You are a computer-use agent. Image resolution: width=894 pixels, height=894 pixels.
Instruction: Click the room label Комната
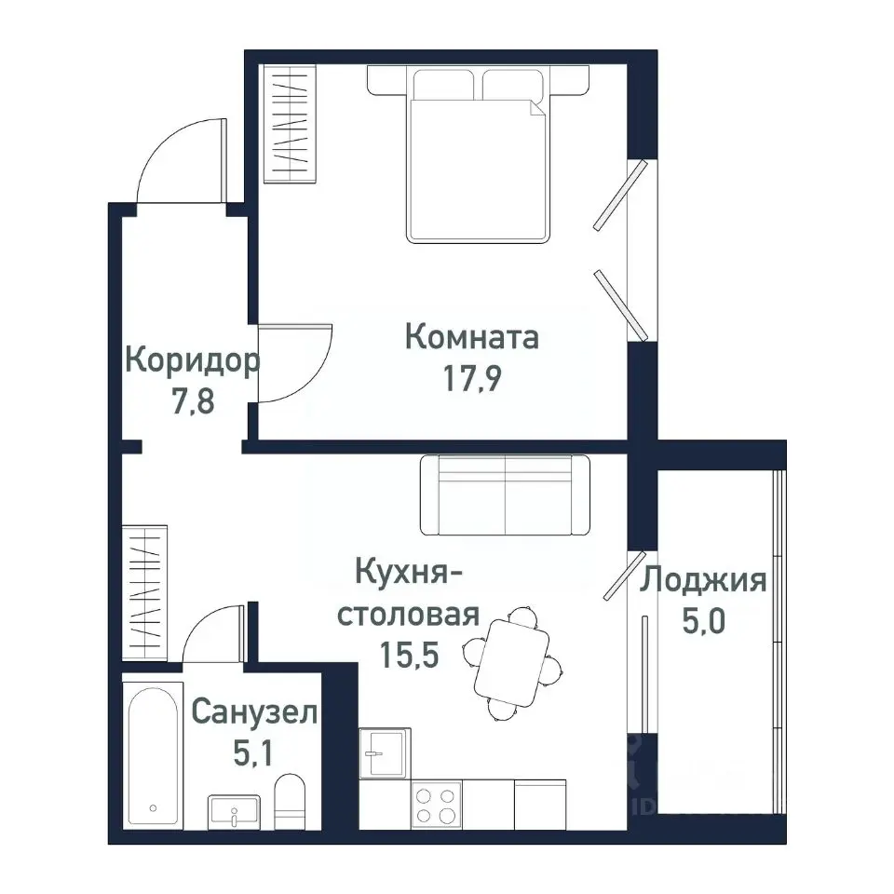pyautogui.click(x=472, y=337)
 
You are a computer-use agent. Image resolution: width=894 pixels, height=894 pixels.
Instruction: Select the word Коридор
pyautogui.click(x=191, y=359)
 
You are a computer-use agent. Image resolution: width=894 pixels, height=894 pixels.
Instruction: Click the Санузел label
pyautogui.click(x=254, y=713)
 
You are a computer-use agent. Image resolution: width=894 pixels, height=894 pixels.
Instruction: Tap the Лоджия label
pyautogui.click(x=703, y=581)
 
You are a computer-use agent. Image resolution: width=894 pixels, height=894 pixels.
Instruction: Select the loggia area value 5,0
pyautogui.click(x=705, y=622)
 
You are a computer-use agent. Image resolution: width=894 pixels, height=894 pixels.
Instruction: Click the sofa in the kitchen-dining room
pyautogui.click(x=504, y=495)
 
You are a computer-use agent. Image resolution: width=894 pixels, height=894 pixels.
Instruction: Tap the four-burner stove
pyautogui.click(x=436, y=805)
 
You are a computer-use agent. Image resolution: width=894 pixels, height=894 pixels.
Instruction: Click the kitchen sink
pyautogui.click(x=382, y=752)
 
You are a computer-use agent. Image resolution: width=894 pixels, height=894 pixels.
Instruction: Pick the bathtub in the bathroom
pyautogui.click(x=155, y=756)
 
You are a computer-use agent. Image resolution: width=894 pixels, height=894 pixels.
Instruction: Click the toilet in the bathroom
pyautogui.click(x=290, y=801)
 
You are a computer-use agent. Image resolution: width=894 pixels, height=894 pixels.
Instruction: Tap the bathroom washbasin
pyautogui.click(x=233, y=812)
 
